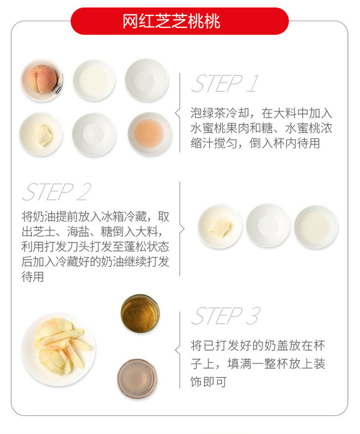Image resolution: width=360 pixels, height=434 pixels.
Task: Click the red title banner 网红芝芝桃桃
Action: [180, 21]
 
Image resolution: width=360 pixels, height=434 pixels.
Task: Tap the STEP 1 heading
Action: [225, 83]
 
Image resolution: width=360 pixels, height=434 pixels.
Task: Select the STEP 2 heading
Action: [56, 192]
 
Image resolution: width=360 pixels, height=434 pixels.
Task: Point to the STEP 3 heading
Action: [225, 316]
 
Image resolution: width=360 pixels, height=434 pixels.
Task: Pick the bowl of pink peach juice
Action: [150, 134]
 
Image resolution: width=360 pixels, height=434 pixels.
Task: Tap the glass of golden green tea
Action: [140, 313]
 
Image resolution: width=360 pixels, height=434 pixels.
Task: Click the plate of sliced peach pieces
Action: [58, 349]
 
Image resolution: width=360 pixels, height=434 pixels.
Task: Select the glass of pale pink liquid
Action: [137, 378]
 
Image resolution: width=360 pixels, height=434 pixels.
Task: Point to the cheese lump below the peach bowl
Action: [45, 135]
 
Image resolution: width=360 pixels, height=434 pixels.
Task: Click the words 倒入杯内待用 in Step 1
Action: [285, 143]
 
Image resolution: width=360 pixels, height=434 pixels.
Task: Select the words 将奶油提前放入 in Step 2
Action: [61, 217]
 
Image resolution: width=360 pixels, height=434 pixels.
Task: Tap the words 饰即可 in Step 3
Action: [209, 381]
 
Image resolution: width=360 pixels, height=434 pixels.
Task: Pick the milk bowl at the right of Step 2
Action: [316, 226]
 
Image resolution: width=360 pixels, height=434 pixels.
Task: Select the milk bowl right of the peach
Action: [94, 80]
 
